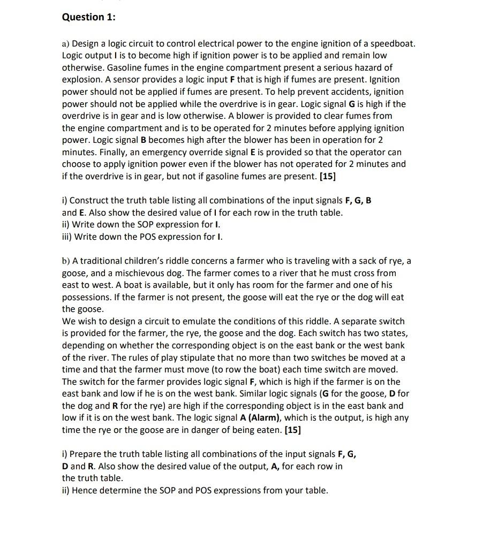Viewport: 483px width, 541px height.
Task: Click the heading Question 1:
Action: [88, 17]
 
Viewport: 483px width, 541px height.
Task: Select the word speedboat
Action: [393, 43]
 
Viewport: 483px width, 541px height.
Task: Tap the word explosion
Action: [81, 80]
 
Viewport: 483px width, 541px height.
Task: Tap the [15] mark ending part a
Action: [328, 176]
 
